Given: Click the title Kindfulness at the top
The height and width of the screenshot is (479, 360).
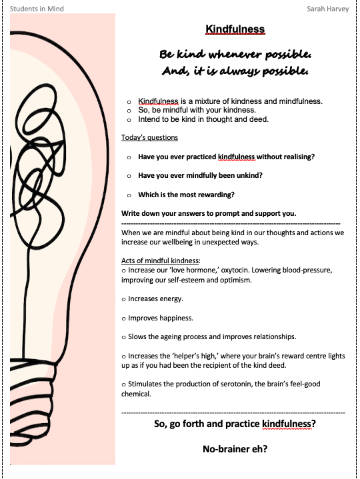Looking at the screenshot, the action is coord(235,29).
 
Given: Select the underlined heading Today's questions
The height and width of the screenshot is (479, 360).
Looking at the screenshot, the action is coord(149,138).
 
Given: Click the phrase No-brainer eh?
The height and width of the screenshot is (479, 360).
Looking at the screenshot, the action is coord(235,449).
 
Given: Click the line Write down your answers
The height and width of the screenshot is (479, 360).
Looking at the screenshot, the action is coord(209,213).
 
